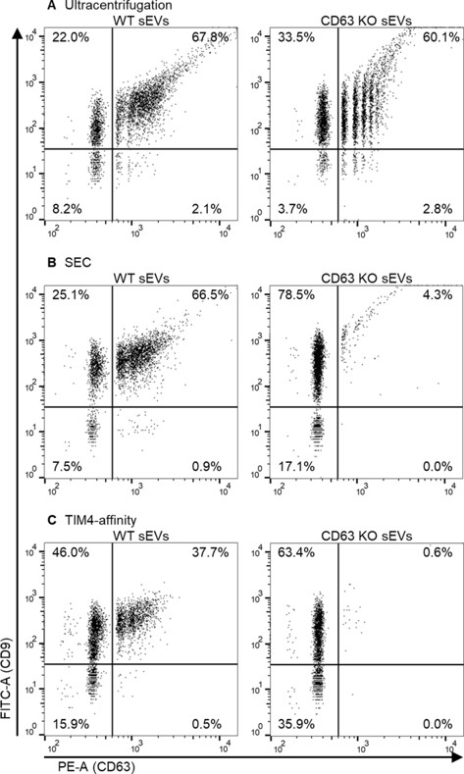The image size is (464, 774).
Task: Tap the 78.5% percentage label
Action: [x=290, y=298]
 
